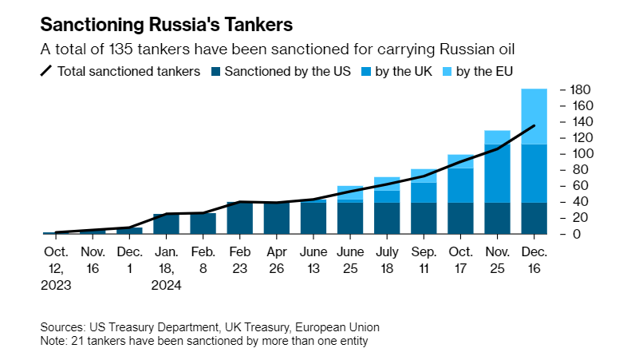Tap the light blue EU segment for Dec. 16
point(534,117)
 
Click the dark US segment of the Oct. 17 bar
point(460,218)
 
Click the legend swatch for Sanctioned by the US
point(216,72)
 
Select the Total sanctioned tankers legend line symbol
point(46,72)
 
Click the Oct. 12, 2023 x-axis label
point(56,267)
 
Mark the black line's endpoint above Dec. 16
point(534,126)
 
